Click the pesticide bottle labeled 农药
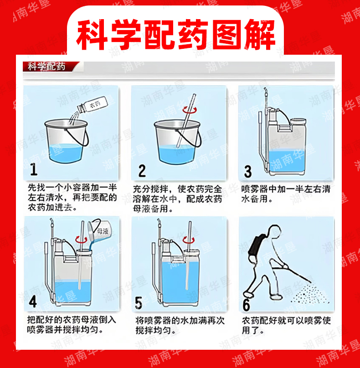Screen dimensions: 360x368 click(93, 105)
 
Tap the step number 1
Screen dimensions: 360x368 click(34, 170)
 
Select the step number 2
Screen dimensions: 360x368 click(142, 171)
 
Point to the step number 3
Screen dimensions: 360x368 click(248, 171)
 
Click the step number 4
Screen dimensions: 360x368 click(33, 301)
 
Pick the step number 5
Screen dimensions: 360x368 click(139, 302)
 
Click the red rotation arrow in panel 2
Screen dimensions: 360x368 click(190, 109)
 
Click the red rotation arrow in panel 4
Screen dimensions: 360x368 click(81, 239)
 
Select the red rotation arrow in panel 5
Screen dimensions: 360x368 click(189, 240)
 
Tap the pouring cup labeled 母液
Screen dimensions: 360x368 click(98, 230)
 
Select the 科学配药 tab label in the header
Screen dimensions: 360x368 click(46, 67)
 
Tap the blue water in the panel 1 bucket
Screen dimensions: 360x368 click(66, 153)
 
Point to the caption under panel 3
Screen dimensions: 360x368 click(286, 194)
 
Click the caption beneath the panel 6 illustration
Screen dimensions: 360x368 click(286, 325)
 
